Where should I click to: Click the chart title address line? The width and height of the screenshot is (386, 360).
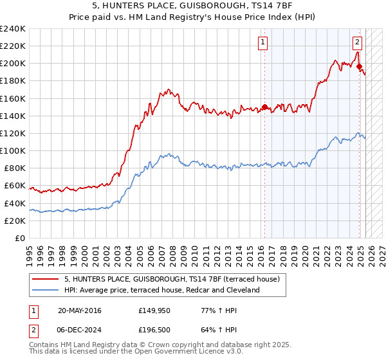click(x=192, y=7)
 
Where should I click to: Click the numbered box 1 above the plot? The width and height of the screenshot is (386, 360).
click(x=263, y=43)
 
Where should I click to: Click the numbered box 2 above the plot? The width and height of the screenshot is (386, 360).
click(x=357, y=43)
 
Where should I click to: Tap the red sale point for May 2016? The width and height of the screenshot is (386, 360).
click(x=264, y=107)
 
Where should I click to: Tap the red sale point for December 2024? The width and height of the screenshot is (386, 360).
click(x=359, y=66)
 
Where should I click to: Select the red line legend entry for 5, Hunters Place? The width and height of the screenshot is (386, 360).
click(x=171, y=280)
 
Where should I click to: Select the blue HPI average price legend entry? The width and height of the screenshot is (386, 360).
click(x=161, y=290)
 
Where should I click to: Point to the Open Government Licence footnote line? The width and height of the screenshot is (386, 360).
click(x=122, y=352)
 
